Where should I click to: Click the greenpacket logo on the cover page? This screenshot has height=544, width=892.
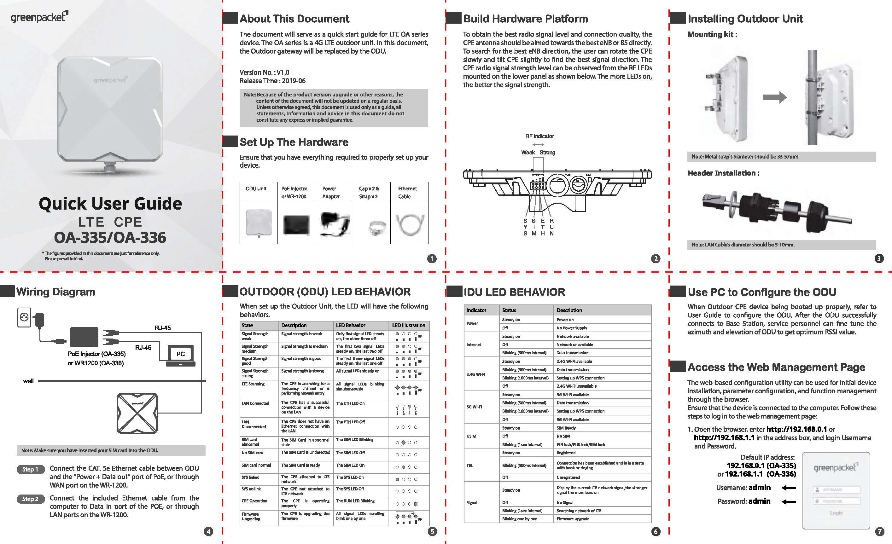(x=39, y=17)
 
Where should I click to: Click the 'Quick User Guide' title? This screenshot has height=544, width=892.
(x=110, y=203)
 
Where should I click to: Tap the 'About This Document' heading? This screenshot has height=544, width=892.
(x=294, y=19)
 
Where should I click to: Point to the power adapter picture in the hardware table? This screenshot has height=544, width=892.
(x=334, y=223)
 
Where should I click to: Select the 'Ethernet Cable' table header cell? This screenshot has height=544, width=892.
(x=409, y=192)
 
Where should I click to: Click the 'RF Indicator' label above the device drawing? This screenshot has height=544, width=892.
(x=539, y=136)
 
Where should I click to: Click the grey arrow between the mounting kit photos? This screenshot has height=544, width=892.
(x=774, y=97)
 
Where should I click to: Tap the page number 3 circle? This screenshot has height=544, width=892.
(x=879, y=258)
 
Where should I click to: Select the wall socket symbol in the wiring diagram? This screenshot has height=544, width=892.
(x=24, y=317)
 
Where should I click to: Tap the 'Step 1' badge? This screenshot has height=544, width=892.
(x=30, y=469)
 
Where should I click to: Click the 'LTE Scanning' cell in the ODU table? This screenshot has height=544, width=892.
(x=253, y=384)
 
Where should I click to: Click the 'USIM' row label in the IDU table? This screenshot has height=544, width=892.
(x=471, y=436)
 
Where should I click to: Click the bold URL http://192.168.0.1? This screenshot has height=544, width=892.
(x=796, y=429)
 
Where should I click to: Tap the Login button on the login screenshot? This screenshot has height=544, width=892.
(x=836, y=513)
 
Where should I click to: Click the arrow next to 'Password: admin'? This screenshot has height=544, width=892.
(x=789, y=502)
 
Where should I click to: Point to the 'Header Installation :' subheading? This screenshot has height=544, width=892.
(x=723, y=173)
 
